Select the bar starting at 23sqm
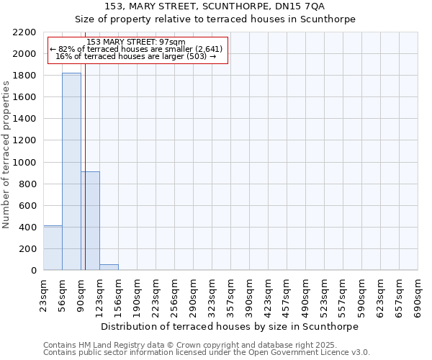[x=53, y=248]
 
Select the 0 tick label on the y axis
[x=34, y=271]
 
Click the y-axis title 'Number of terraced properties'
[x=6, y=155]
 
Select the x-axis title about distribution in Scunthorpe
[x=230, y=326]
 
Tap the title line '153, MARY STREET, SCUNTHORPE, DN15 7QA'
[x=215, y=6]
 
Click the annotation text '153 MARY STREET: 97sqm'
[x=136, y=42]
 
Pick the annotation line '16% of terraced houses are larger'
[x=136, y=56]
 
